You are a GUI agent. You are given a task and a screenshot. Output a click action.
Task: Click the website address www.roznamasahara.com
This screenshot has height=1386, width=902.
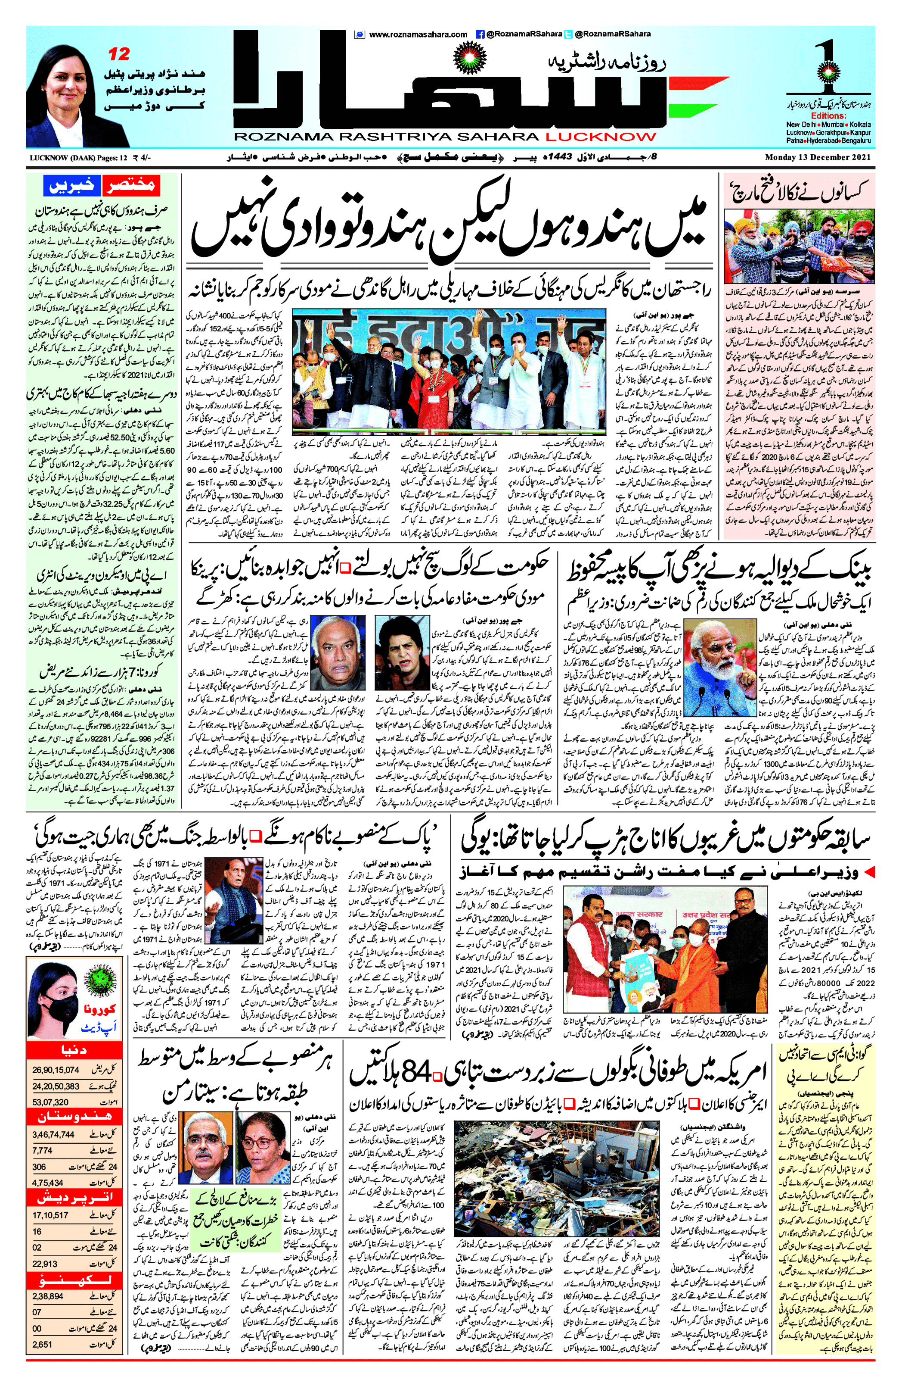tap(417, 34)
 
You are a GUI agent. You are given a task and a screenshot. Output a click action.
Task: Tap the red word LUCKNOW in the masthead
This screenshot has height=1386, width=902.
tap(600, 137)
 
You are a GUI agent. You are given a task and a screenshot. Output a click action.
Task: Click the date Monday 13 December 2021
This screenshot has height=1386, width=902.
tap(817, 158)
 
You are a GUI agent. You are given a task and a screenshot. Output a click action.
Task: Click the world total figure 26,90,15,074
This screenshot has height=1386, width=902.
tap(56, 1070)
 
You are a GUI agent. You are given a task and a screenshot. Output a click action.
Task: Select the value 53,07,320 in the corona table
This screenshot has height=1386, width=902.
tap(51, 1102)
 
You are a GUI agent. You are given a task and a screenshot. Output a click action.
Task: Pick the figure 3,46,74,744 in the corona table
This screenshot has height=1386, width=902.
tap(53, 1134)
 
